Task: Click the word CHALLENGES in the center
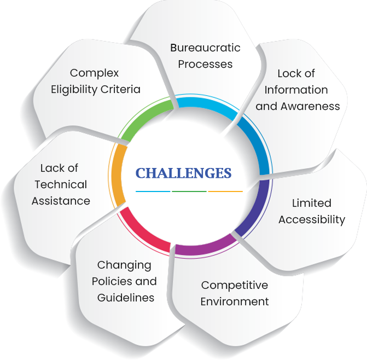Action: [183, 173]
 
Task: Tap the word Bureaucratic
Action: [205, 48]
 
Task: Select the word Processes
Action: [205, 64]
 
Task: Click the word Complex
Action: [95, 73]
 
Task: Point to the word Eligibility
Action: [75, 89]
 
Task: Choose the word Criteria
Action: [121, 89]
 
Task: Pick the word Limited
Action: [311, 203]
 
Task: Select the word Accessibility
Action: [312, 219]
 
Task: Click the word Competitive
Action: [235, 285]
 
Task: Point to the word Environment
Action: [235, 301]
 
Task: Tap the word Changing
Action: [124, 265]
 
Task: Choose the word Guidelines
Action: [125, 298]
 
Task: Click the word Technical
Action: [60, 184]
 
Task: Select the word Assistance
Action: [61, 201]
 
